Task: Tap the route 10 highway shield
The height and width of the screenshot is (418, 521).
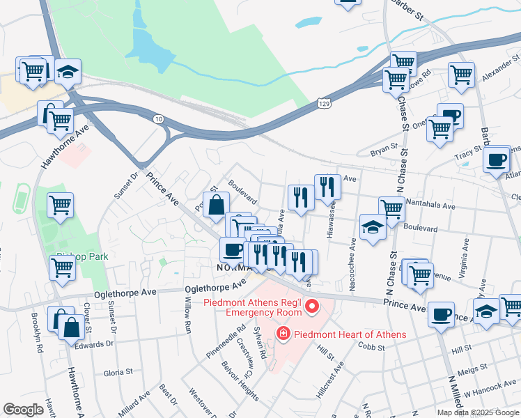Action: (x=159, y=120)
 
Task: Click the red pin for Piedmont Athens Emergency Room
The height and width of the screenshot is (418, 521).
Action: (x=313, y=306)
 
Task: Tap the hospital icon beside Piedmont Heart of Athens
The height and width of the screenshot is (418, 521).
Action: (x=283, y=334)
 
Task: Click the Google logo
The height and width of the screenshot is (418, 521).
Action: (x=23, y=410)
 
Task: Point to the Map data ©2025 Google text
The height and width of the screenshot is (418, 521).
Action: (x=477, y=412)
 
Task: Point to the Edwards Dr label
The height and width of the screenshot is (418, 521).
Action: (x=94, y=343)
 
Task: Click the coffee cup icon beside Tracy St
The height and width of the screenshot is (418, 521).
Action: (x=497, y=159)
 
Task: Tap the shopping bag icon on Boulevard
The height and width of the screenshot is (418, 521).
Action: (x=217, y=205)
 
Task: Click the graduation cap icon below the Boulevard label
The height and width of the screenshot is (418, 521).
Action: (x=373, y=227)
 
